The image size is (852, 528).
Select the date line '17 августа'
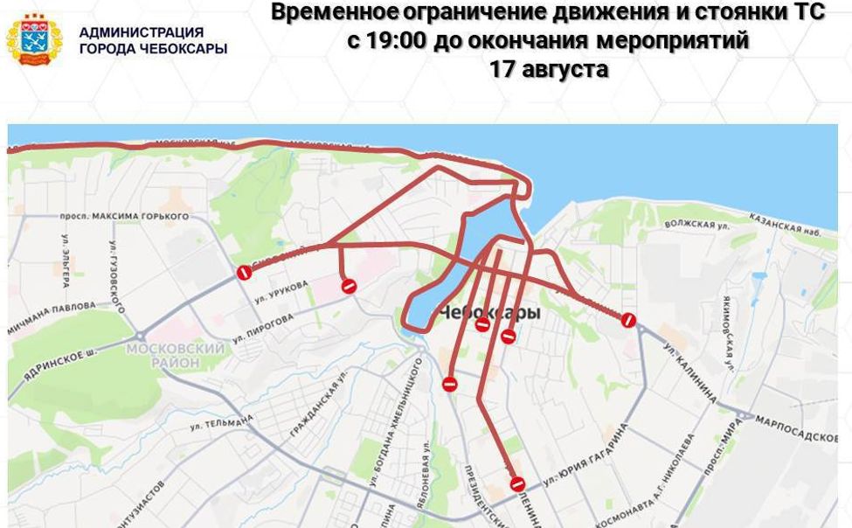pos(549,69)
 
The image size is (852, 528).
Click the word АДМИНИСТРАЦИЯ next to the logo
pos(141,32)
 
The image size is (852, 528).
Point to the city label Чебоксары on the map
pos(488,312)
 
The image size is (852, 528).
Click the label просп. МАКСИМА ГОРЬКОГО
pos(124,215)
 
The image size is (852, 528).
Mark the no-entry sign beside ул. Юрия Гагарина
pos(517,483)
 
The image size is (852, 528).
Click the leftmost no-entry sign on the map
pos(245,273)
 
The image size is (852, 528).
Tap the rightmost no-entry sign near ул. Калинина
pos(627,320)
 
